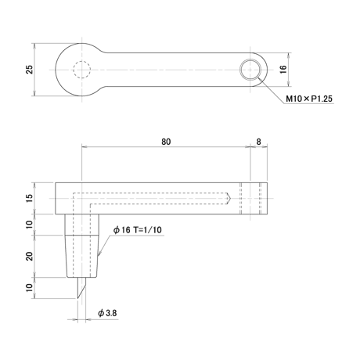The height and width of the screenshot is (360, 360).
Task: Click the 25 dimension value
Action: (30, 70)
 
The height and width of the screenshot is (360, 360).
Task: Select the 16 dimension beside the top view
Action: (283, 69)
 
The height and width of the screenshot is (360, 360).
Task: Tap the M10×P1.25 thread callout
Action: (309, 99)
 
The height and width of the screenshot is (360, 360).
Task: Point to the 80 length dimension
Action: (166, 142)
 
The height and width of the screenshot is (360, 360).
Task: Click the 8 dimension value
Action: (258, 142)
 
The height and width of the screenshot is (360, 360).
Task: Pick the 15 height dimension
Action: (30, 198)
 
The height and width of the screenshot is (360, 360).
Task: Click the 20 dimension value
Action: (30, 257)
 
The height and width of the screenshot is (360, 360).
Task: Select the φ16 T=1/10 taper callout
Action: (138, 230)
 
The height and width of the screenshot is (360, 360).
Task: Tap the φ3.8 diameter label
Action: (107, 313)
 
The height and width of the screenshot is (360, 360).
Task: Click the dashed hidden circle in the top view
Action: (82, 61)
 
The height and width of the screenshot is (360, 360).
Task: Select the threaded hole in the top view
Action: (250, 70)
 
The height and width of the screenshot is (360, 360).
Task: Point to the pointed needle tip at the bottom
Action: (77, 298)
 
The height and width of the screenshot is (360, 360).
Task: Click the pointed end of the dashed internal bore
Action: (230, 199)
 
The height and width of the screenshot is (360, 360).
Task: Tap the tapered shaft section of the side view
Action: (82, 257)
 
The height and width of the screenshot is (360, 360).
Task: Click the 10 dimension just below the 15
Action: (30, 225)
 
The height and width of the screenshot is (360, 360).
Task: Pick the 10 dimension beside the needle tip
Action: (30, 287)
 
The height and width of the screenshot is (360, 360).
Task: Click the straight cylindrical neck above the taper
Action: (82, 225)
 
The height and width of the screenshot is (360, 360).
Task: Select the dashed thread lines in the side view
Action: (250, 198)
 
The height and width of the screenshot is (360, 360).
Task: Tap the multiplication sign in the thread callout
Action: (307, 99)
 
